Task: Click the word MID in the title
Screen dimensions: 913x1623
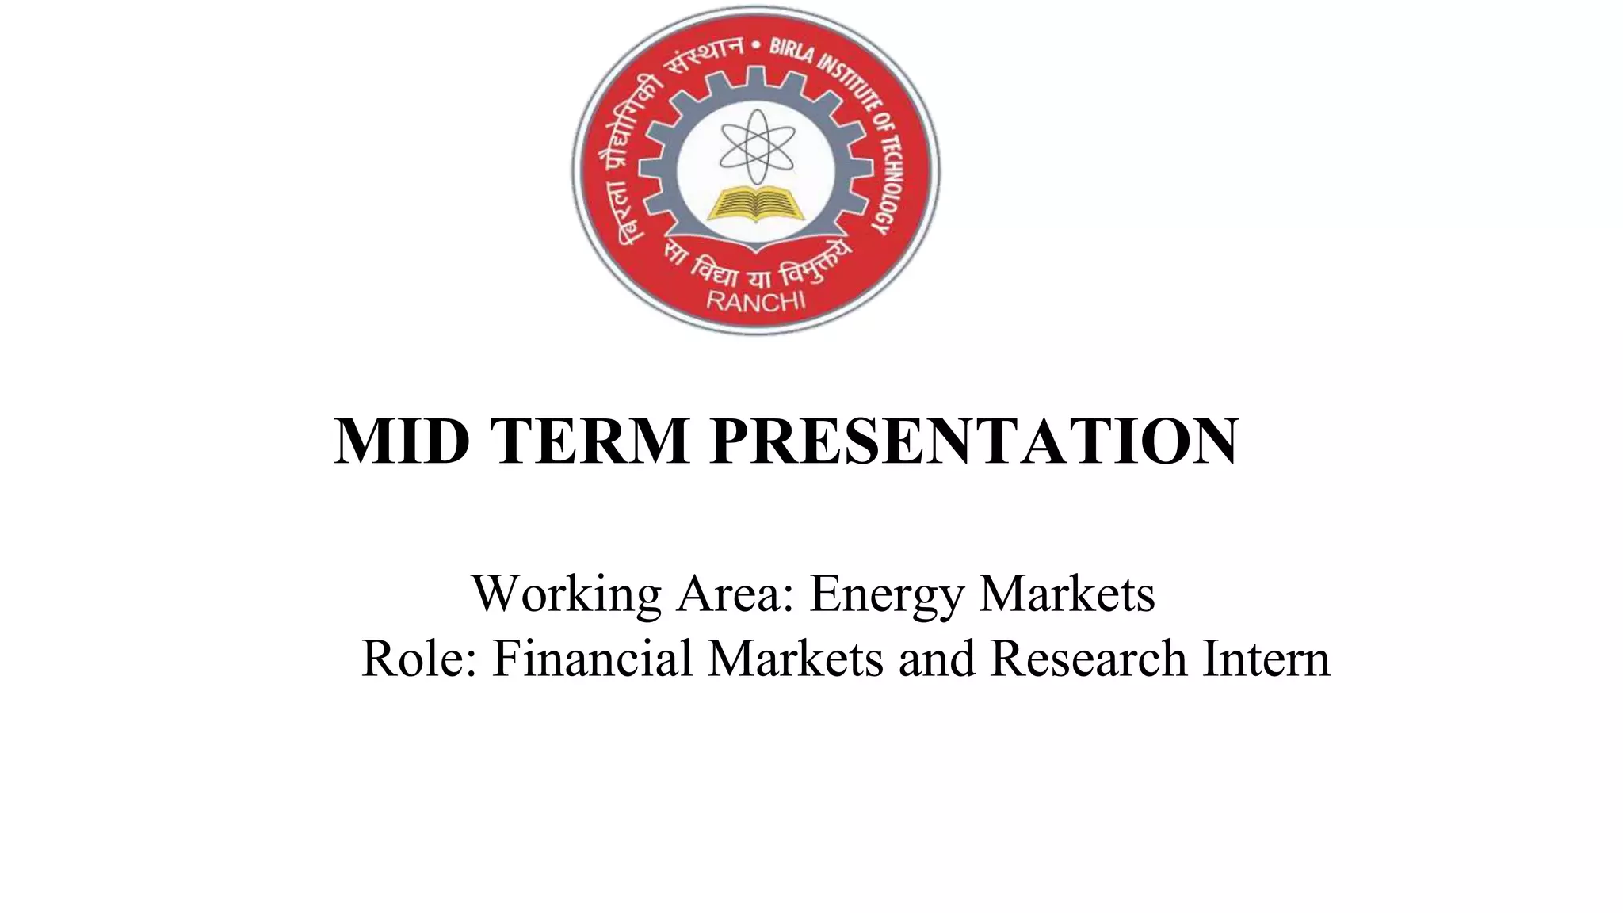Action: [402, 441]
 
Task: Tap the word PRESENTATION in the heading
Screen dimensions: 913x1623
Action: [974, 441]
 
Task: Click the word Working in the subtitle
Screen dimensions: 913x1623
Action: [566, 594]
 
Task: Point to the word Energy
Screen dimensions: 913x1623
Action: [886, 594]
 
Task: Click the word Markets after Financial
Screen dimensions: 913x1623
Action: [795, 659]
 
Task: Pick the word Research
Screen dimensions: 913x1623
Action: [1088, 659]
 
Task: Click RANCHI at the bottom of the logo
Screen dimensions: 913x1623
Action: [754, 301]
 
